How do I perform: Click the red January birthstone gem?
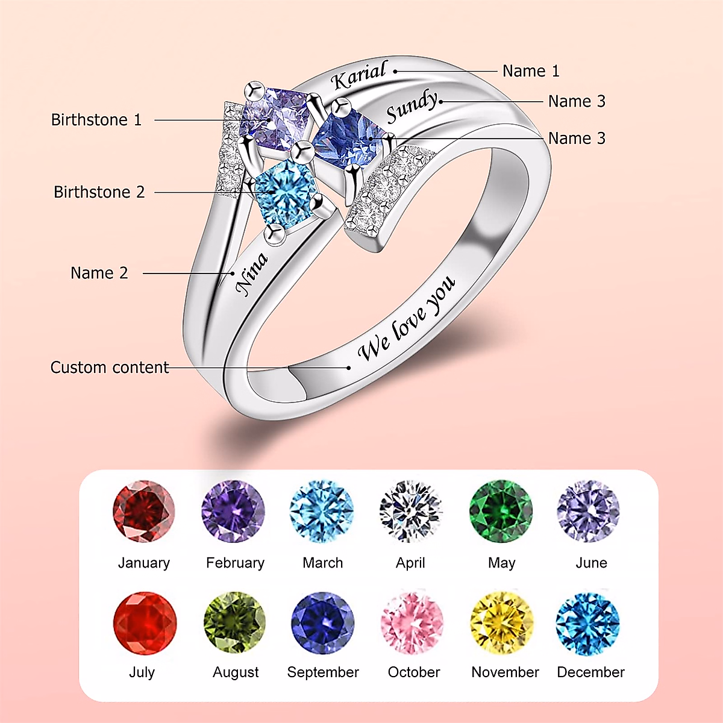click(143, 512)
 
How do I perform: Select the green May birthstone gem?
click(501, 512)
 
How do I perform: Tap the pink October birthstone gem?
click(412, 623)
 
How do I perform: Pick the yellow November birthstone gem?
click(502, 623)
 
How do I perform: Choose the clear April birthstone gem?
click(411, 512)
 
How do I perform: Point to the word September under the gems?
click(323, 672)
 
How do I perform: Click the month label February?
click(235, 563)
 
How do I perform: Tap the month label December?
click(590, 672)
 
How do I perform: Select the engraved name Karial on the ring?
click(359, 76)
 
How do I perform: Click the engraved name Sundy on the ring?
click(412, 106)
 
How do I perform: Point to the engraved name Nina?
click(251, 274)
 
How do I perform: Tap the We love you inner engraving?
click(407, 319)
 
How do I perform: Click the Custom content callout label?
click(110, 368)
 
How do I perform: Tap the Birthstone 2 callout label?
click(99, 192)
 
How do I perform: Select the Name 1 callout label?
click(531, 71)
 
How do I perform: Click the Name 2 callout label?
click(99, 273)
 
